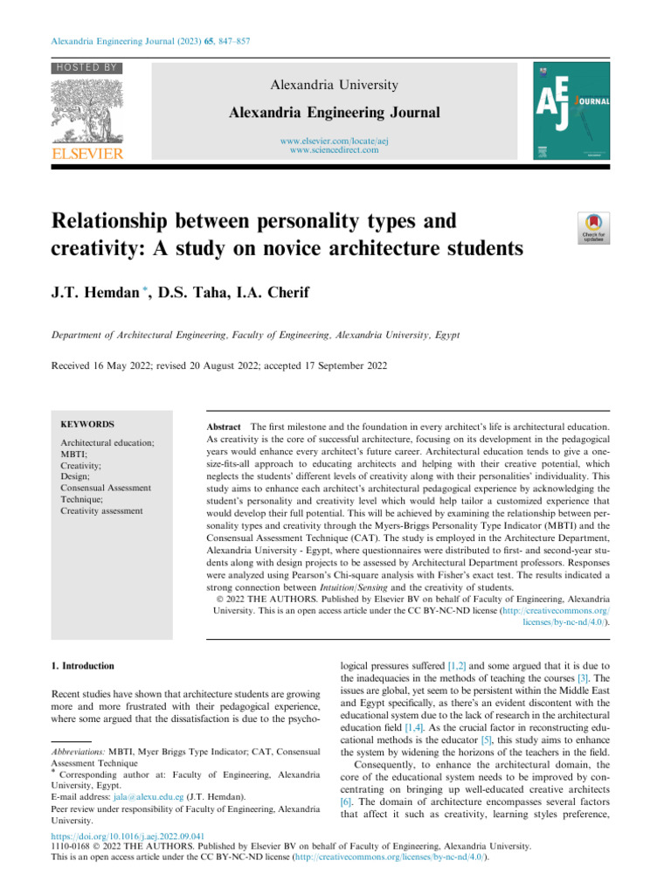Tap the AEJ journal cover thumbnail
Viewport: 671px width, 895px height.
coord(571,111)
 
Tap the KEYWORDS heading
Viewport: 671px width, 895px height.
coord(86,423)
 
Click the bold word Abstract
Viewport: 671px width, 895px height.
coord(223,423)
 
